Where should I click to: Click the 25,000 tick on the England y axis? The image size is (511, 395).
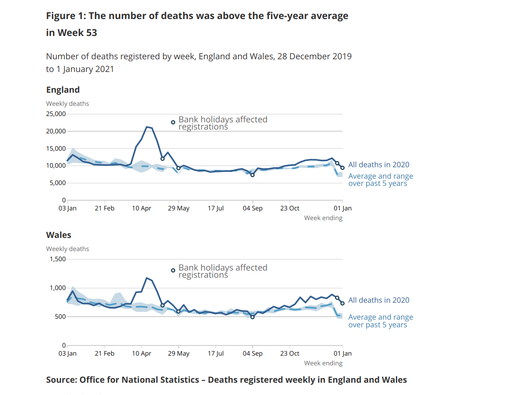[55, 114]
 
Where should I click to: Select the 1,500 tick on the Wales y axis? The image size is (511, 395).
[57, 259]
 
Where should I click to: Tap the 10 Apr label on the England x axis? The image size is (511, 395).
[141, 208]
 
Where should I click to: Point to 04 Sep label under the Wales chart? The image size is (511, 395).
[253, 354]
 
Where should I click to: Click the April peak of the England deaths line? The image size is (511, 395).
[146, 127]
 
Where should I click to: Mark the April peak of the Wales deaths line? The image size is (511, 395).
[146, 278]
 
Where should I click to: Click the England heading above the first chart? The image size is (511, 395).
[63, 90]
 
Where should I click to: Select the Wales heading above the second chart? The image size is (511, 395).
[58, 235]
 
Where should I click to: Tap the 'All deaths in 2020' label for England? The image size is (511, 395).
[378, 165]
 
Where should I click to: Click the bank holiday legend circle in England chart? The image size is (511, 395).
[173, 122]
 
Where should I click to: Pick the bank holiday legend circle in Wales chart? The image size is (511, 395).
[173, 271]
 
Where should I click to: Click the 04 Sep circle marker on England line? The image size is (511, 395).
[253, 175]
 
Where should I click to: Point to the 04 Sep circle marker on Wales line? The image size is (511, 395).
[253, 317]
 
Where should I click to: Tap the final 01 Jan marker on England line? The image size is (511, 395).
[343, 168]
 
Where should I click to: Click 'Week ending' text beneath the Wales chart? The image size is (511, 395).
[323, 363]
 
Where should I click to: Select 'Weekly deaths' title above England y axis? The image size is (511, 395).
[67, 104]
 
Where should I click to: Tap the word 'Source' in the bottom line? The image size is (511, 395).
[61, 380]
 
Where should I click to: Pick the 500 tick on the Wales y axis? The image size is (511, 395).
[60, 317]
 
